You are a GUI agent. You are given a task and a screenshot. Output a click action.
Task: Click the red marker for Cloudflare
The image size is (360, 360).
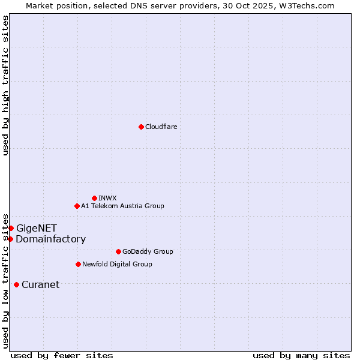pos(141,127)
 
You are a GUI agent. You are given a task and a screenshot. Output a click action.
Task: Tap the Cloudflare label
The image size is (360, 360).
pos(161,127)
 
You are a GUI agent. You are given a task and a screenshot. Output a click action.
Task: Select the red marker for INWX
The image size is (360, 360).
pos(94,198)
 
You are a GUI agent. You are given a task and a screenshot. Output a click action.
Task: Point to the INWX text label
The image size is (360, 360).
pos(107,198)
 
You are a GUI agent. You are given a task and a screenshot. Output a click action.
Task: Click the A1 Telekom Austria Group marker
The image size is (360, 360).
pos(77,206)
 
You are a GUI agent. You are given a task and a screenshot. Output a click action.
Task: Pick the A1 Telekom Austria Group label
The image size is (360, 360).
pos(122,206)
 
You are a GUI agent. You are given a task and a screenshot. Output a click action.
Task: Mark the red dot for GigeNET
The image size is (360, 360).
pos(11,228)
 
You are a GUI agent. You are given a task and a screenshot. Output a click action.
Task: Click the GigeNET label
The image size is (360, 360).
pos(37,228)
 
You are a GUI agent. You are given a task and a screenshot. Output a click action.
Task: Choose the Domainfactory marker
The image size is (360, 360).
pos(10,239)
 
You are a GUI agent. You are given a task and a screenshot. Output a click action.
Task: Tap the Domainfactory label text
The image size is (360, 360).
pos(50,239)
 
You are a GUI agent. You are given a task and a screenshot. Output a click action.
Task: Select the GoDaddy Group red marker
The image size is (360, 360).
pos(118,251)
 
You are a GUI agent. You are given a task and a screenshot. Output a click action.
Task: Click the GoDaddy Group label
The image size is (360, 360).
pos(147,251)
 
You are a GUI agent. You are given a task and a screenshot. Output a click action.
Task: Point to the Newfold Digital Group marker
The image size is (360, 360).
pos(78,264)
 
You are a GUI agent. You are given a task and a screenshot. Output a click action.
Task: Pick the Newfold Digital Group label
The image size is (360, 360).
pos(117,264)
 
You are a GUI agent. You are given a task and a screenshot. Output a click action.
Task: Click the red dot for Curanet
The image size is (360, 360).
pos(16,284)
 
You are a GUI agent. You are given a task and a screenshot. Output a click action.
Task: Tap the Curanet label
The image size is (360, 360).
pos(40,284)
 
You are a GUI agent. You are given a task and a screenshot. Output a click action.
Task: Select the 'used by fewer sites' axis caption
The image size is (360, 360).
pos(62,355)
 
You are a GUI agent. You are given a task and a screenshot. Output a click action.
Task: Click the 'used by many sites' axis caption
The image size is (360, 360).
pos(301,355)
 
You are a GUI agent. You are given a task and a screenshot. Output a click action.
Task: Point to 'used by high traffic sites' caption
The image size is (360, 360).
pos(5,85)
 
